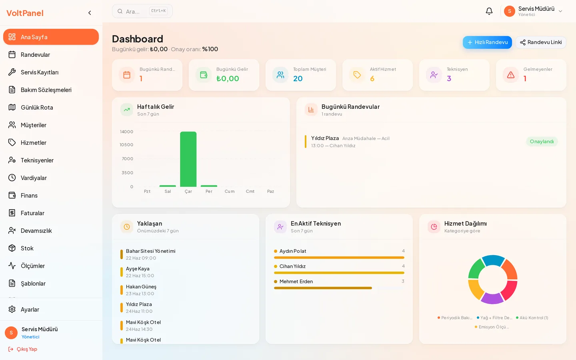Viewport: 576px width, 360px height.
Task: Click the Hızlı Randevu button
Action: pos(487,42)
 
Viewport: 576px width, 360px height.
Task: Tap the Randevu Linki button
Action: pos(541,42)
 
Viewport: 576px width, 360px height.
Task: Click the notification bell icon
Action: pos(489,11)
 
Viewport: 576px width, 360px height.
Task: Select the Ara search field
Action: pos(142,11)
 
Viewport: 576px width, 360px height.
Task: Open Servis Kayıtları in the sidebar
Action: pos(40,72)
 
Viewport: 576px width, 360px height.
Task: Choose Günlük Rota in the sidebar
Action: pos(37,108)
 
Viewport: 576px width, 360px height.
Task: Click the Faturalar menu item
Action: pos(32,213)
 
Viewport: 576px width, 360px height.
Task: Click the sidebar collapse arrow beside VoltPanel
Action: pos(90,13)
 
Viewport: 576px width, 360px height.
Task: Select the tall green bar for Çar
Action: pos(188,159)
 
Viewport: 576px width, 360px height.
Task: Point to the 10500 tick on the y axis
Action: pos(126,145)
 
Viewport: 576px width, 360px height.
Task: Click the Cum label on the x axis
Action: pos(229,191)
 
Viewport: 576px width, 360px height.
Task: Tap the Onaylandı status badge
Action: pos(542,142)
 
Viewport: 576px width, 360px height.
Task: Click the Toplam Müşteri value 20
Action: pos(298,78)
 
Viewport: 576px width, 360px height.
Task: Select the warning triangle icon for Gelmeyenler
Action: pos(511,75)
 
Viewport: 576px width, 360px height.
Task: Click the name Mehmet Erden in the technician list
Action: pos(296,281)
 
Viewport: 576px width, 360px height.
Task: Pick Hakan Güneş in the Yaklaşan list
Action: pos(141,286)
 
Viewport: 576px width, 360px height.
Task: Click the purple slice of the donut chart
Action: pos(492,298)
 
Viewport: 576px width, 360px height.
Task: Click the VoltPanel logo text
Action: pos(25,13)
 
